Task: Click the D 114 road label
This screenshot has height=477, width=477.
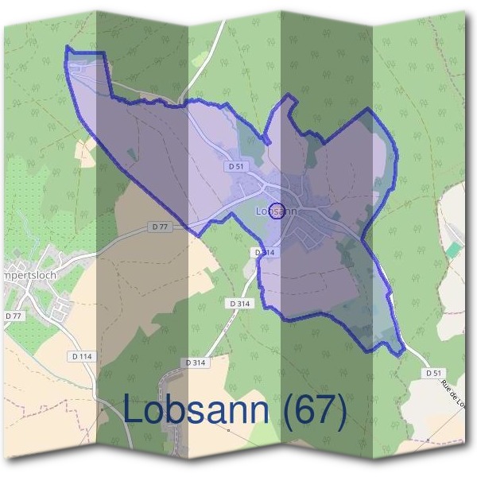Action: point(85,356)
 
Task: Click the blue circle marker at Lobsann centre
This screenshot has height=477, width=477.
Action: point(277,210)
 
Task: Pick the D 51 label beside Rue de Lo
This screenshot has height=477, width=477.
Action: point(433,372)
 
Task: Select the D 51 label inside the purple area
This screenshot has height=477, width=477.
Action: point(235,166)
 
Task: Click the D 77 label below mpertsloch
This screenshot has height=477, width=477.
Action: point(13,316)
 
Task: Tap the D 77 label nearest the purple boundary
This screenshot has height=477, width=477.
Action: point(160,227)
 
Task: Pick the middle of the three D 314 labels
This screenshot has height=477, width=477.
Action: point(239,304)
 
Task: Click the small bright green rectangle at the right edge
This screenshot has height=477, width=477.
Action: point(452,250)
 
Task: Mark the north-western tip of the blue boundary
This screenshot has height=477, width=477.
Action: point(68,49)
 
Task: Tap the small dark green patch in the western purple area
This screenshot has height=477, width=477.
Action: point(131,153)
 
